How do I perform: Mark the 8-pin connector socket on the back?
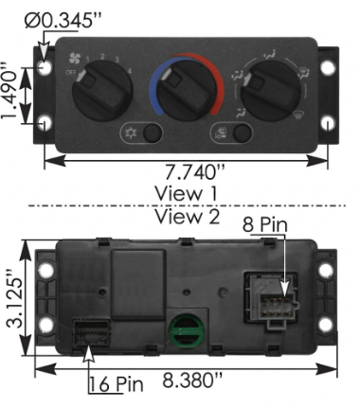(x=266, y=298)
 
